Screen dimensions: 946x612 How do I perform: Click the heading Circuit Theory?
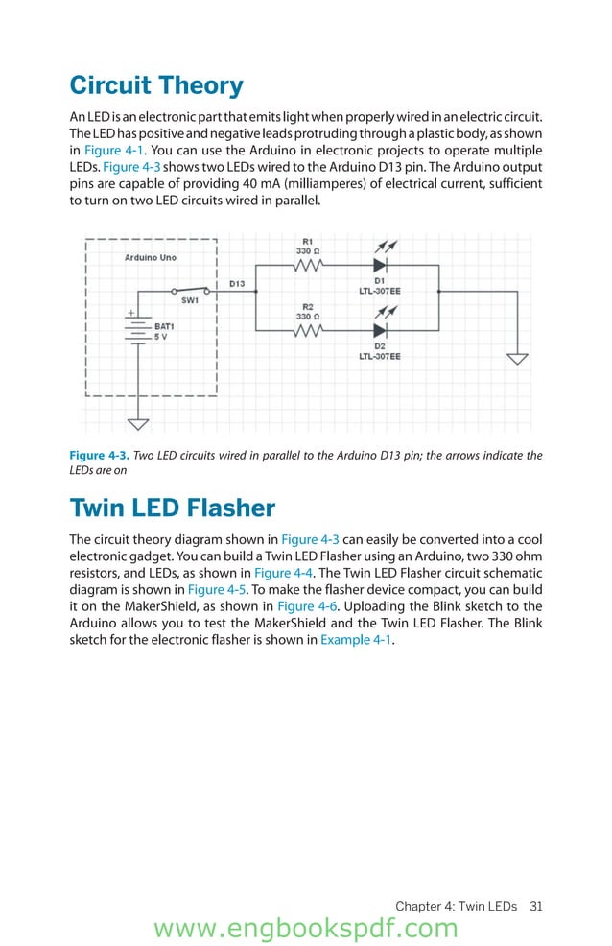click(x=156, y=85)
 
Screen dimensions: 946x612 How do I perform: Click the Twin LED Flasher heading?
click(x=172, y=508)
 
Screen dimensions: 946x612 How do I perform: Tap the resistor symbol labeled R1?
click(x=307, y=265)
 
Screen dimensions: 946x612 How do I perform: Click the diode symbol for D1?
click(x=380, y=265)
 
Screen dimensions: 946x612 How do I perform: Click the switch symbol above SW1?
click(x=189, y=289)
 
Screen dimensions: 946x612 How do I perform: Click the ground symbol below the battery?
click(x=138, y=424)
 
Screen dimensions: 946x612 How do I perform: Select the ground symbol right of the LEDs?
click(x=517, y=359)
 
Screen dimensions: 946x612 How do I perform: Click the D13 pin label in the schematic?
click(x=237, y=284)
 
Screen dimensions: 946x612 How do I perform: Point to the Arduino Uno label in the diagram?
click(x=151, y=258)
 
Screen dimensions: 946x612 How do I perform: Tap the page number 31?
click(x=536, y=906)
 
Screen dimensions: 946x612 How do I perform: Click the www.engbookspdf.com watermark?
click(x=306, y=929)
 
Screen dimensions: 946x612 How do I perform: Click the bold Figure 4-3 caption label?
click(x=100, y=456)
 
